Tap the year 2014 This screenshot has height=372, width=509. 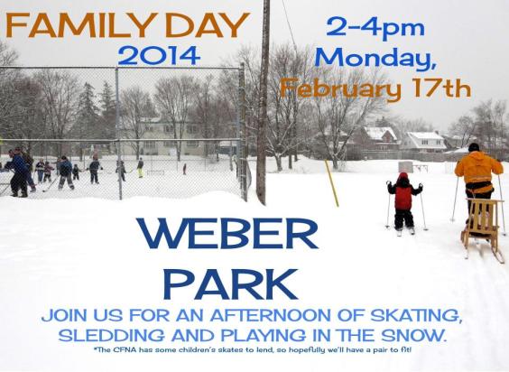pos(158,56)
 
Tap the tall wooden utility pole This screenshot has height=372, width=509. pos(263,99)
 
